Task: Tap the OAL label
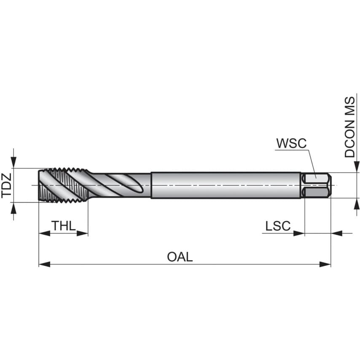[x=180, y=257]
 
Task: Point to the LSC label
[x=278, y=226]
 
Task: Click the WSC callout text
[x=291, y=143]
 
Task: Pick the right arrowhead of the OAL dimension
[x=325, y=264]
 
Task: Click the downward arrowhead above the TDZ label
[x=13, y=162]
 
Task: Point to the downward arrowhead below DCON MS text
[x=356, y=167]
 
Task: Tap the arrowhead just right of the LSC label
[x=299, y=233]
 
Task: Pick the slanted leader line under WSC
[x=311, y=162]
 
